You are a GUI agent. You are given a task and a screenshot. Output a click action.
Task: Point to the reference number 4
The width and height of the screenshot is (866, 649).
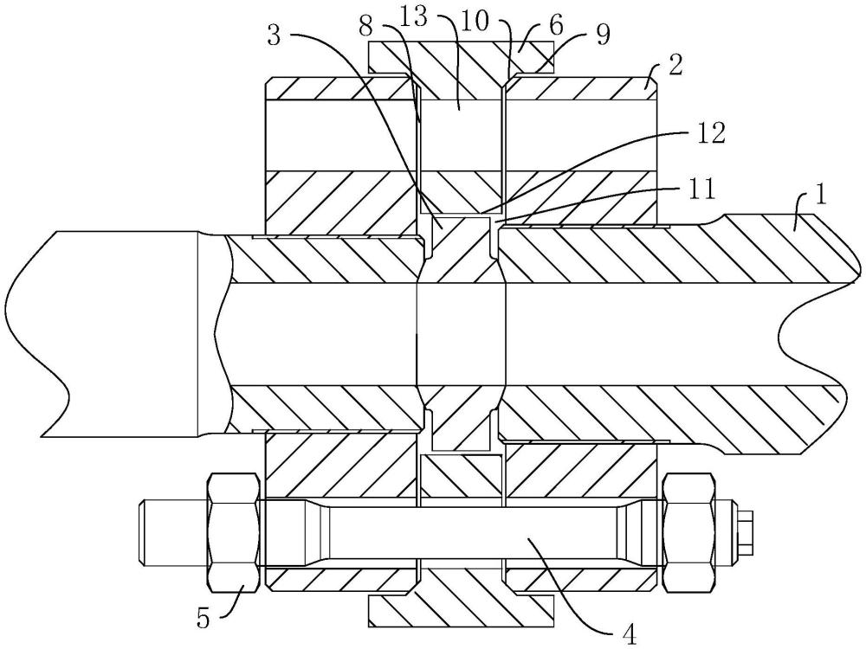point(630,633)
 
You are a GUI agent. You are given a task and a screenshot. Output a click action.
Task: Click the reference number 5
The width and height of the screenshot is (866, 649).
point(204,618)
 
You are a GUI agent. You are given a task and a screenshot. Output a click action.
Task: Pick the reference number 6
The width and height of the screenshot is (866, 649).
point(556,24)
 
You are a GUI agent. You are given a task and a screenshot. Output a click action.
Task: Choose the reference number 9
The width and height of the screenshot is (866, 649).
point(603,35)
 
